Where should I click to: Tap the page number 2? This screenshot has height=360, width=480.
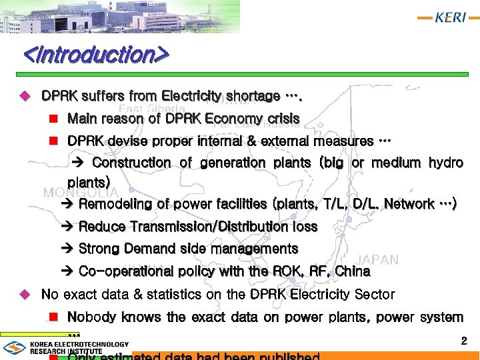464,341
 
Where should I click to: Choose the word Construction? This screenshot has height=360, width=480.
131,163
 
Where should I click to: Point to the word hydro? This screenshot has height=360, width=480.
445,163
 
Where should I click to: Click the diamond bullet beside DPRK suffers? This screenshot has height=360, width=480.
26,96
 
